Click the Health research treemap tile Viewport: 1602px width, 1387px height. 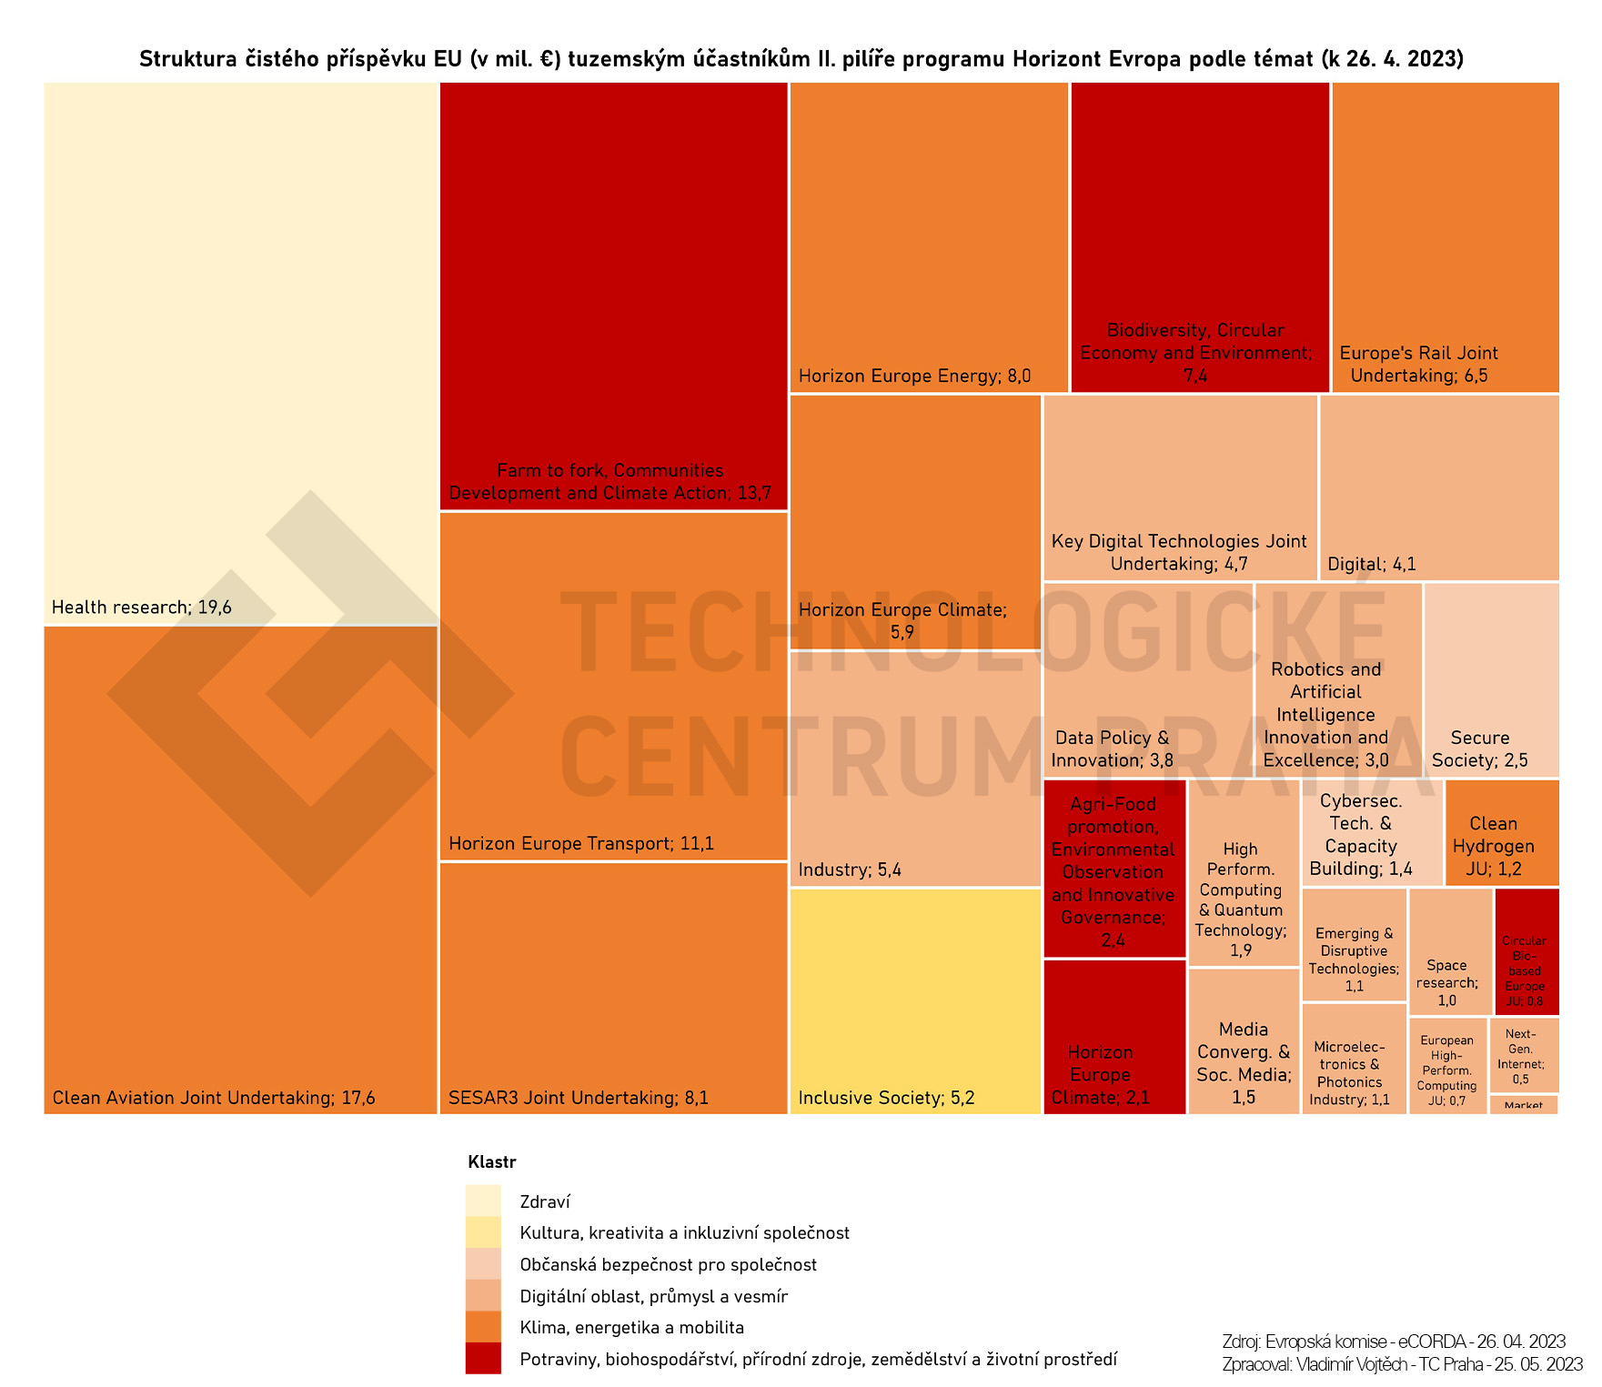click(240, 353)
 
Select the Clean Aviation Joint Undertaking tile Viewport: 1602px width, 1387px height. click(240, 869)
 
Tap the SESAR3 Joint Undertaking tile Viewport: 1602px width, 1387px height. click(613, 987)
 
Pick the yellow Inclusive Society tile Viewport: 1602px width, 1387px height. click(914, 1000)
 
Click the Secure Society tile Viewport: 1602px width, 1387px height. click(1490, 679)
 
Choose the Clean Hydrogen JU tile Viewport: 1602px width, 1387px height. click(1501, 832)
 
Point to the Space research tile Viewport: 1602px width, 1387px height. click(1450, 950)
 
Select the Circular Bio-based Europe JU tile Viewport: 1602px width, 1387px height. click(1526, 950)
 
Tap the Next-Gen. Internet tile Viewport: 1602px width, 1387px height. click(1524, 1055)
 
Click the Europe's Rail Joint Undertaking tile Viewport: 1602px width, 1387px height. click(1445, 236)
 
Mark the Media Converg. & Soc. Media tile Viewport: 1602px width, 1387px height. click(1244, 1040)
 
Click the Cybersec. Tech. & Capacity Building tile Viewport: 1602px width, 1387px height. click(1371, 832)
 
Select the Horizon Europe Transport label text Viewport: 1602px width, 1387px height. click(581, 844)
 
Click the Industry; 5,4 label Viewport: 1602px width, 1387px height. click(850, 870)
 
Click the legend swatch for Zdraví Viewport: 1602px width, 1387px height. click(483, 1201)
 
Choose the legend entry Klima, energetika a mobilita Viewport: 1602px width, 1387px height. click(631, 1328)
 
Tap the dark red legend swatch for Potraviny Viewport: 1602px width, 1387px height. click(483, 1359)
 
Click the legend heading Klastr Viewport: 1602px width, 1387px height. click(491, 1162)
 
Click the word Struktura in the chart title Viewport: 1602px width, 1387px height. click(187, 60)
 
